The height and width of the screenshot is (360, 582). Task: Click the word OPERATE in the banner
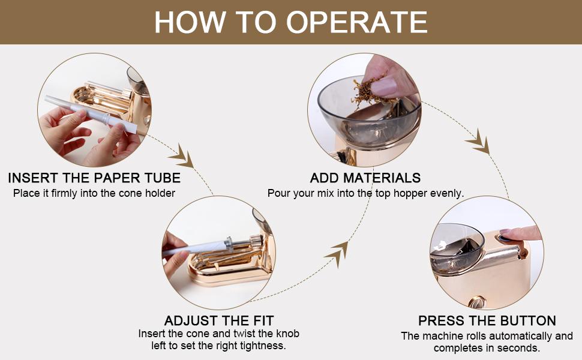357,22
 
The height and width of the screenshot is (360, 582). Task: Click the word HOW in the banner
190,22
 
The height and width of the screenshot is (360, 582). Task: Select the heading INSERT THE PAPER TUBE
94,178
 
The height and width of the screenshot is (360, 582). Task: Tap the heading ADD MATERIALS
365,178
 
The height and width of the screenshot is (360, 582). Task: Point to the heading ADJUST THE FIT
219,320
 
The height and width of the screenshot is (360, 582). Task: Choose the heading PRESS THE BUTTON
487,320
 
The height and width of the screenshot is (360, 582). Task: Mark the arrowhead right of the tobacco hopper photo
479,142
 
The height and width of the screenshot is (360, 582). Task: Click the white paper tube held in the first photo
91,114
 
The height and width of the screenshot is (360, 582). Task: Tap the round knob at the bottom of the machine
476,302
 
